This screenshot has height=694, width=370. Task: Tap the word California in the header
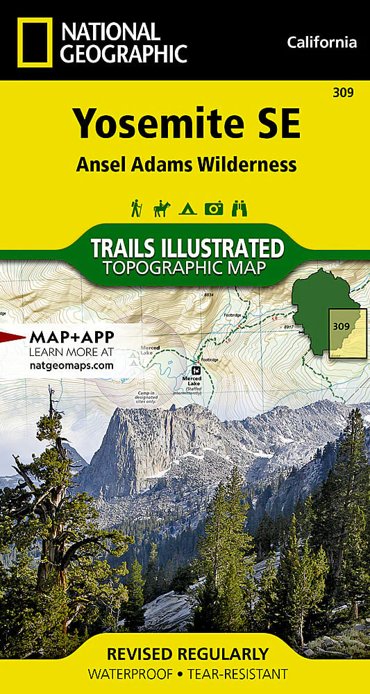[x=321, y=43]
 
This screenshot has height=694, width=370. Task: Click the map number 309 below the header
[x=343, y=92]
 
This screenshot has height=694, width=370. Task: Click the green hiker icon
[x=136, y=208]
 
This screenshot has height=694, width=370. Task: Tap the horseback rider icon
[x=161, y=208]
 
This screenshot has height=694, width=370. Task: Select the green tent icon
[x=187, y=208]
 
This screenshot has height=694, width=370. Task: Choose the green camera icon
[x=213, y=208]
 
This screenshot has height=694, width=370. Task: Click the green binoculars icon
[x=239, y=208]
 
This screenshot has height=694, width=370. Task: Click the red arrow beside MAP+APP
[x=12, y=337]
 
